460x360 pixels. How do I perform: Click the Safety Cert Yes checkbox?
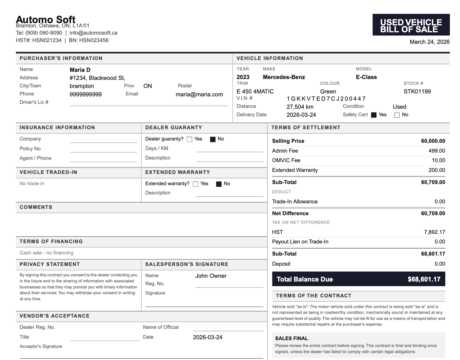click(x=374, y=115)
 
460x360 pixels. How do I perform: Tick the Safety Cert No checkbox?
click(x=397, y=115)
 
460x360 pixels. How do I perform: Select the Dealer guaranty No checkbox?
click(x=213, y=139)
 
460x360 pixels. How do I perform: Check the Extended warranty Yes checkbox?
click(x=196, y=184)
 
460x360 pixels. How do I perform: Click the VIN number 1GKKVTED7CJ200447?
click(x=326, y=99)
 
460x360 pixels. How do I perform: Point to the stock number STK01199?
click(x=417, y=91)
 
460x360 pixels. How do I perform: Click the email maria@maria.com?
click(x=199, y=94)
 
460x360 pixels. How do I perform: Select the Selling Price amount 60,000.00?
click(x=433, y=141)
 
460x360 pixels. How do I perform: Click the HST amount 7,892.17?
click(x=434, y=232)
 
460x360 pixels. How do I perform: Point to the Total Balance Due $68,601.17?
click(x=424, y=279)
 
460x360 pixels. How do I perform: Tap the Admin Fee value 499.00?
click(x=437, y=151)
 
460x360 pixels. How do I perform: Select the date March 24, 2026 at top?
click(x=429, y=42)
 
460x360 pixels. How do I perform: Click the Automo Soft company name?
click(x=46, y=20)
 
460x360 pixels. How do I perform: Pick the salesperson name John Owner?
click(x=211, y=276)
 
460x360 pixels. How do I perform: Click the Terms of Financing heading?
click(x=51, y=241)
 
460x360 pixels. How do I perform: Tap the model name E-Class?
click(x=366, y=77)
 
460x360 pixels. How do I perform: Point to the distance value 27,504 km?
click(x=300, y=107)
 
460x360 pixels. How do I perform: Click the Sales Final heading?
click(x=291, y=338)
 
